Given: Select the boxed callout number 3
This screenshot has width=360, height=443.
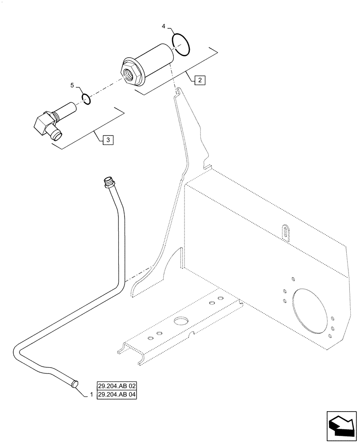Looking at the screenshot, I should pos(109,140).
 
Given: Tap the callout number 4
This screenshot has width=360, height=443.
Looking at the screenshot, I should pos(164,27).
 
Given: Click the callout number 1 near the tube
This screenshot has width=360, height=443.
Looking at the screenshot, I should pos(91,394).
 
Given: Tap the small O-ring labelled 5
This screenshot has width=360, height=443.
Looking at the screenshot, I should pos(86,98).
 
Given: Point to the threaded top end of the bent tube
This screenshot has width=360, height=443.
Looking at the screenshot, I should pos(107,182).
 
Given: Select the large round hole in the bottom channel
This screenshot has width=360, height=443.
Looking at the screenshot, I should pos(181,320).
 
